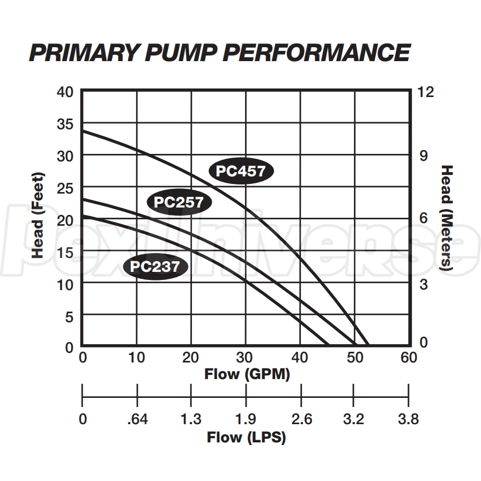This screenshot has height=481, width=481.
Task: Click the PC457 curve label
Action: click(x=241, y=171)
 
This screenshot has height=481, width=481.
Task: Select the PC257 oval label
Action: click(x=179, y=202)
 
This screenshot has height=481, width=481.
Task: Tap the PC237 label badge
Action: click(x=155, y=267)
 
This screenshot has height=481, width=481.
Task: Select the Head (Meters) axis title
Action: click(x=446, y=218)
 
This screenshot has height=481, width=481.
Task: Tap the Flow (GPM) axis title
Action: click(x=247, y=374)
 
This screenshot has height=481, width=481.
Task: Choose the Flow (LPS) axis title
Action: click(x=246, y=438)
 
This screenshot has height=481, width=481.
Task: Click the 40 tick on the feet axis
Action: click(x=64, y=91)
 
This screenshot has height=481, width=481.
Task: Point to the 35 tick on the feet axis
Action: click(x=64, y=123)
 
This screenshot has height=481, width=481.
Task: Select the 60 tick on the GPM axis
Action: click(x=409, y=358)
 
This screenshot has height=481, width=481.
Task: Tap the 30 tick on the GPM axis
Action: click(x=246, y=358)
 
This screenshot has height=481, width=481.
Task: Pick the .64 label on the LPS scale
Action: click(x=137, y=419)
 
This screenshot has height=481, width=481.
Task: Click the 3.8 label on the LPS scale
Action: click(x=408, y=419)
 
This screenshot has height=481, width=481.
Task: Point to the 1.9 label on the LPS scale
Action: click(x=246, y=419)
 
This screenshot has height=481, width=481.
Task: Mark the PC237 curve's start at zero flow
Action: click(x=83, y=216)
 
